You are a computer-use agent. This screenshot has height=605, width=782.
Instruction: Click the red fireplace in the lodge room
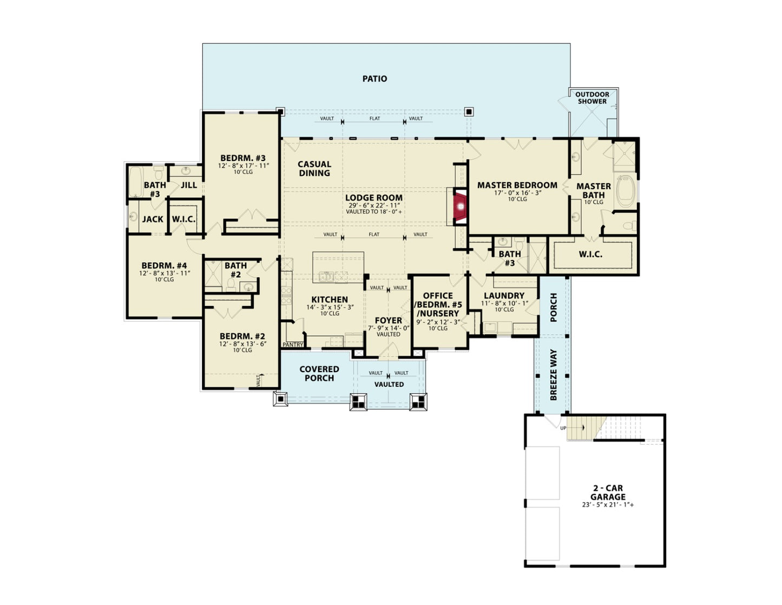[x=461, y=206]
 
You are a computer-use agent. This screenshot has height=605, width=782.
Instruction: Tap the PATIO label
[x=374, y=79]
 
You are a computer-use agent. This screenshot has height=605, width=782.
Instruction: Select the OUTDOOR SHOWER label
[x=592, y=97]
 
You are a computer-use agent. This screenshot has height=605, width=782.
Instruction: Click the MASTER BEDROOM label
[x=517, y=185]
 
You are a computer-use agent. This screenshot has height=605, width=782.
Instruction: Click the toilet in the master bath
[x=629, y=226]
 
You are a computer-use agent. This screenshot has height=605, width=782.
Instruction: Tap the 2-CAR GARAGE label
[x=608, y=492]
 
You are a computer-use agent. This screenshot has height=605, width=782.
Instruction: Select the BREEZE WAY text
[x=554, y=374]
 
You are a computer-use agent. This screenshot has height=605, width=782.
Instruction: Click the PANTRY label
[x=293, y=344]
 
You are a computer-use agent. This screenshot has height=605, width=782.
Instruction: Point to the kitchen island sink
[x=327, y=276]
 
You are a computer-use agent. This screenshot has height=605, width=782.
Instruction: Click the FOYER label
[x=389, y=320]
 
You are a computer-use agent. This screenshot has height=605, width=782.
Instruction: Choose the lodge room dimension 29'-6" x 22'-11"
[x=374, y=205]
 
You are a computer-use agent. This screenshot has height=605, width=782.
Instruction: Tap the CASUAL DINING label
[x=314, y=168]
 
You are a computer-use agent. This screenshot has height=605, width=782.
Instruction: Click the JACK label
[x=153, y=219]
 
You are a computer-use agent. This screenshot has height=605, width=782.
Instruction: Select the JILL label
[x=188, y=185]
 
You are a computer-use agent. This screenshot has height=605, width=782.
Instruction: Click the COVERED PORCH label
[x=319, y=373]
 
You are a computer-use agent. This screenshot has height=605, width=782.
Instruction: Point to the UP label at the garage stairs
[x=563, y=428]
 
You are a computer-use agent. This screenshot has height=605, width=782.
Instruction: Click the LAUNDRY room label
[x=504, y=296]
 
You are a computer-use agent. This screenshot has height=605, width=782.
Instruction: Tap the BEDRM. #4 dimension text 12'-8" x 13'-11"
[x=165, y=274]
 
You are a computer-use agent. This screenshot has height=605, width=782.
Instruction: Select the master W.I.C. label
[x=590, y=254]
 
